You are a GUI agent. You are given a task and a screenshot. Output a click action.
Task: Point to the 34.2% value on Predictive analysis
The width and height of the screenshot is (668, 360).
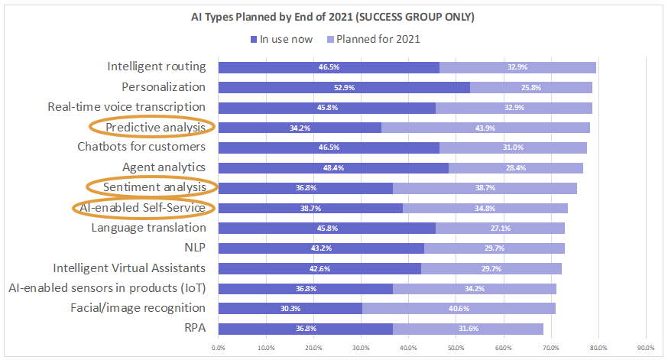pos(299,127)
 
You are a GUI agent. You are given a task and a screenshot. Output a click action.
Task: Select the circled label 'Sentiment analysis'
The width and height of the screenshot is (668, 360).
pos(156,186)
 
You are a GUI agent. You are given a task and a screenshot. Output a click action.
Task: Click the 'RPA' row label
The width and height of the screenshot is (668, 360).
pos(193,328)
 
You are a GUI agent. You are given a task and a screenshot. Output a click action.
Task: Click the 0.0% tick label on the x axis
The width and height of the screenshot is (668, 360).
pos(219,348)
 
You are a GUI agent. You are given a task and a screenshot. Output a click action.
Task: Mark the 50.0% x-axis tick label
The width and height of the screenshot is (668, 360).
pos(456,348)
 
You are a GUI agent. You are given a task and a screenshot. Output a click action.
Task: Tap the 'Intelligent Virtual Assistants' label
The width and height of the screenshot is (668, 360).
pos(129,268)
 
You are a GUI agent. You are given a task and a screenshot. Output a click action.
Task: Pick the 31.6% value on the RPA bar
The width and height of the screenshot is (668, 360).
pos(467,329)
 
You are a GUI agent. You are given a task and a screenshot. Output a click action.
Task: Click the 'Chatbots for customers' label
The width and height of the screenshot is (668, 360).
pos(141,147)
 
